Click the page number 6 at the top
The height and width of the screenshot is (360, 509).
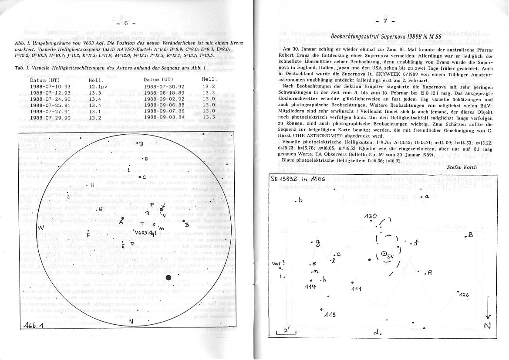coord(126,24)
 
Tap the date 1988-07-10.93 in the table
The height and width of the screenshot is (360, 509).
coord(50,87)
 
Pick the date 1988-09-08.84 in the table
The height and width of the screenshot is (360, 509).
coord(164,117)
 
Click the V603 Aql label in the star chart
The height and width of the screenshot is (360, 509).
coord(145,233)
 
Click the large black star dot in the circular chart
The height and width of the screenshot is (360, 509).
coord(169,277)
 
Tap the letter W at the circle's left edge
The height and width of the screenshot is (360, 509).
coord(40,228)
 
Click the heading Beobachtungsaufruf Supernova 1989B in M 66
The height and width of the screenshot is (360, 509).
coord(386,37)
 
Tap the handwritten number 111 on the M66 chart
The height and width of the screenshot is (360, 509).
coord(356,289)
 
